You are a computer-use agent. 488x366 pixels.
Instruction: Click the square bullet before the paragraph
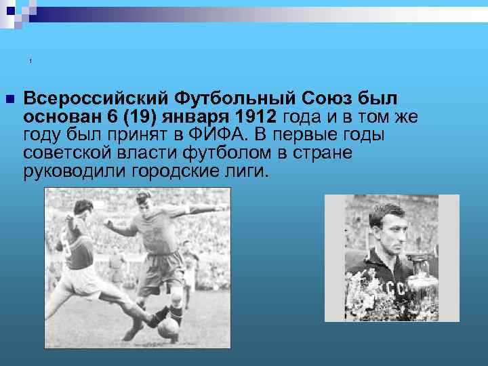[x=8, y=97]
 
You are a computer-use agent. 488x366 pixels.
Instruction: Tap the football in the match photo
[x=169, y=327]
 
